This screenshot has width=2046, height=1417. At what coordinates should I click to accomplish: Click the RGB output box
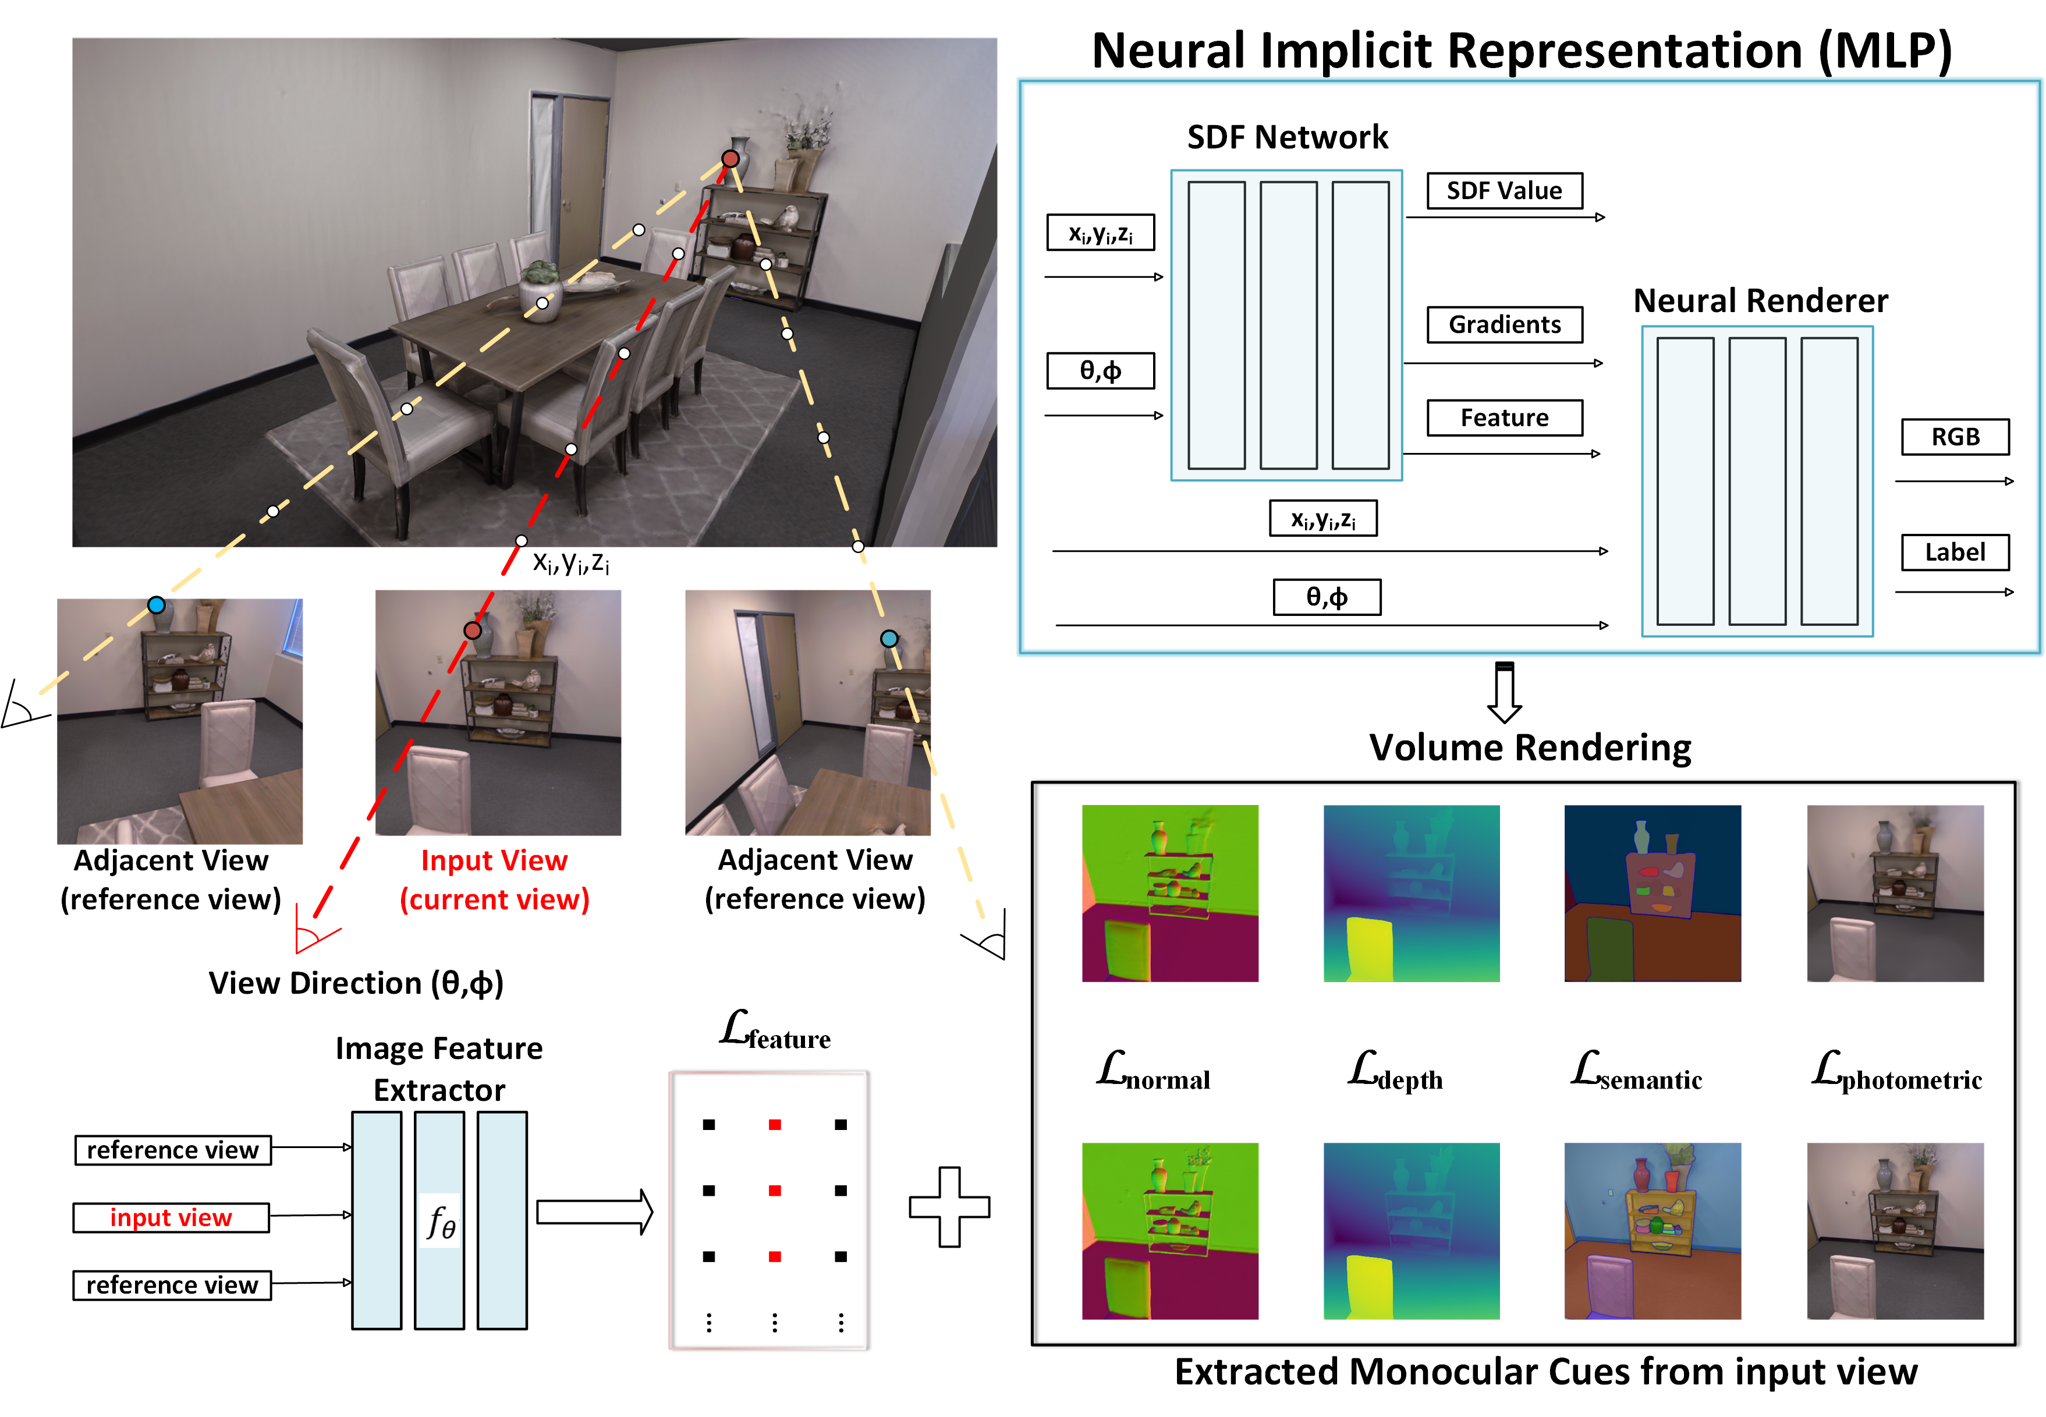click(1955, 437)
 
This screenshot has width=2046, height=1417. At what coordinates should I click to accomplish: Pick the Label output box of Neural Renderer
click(1955, 552)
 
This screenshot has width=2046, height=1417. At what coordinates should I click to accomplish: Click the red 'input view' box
click(171, 1217)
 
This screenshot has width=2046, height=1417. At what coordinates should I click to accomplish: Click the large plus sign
click(949, 1207)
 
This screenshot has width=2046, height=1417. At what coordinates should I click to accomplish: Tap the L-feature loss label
click(775, 1031)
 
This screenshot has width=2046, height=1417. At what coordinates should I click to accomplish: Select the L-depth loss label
click(1395, 1072)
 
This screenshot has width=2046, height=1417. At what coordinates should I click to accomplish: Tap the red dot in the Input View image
click(472, 630)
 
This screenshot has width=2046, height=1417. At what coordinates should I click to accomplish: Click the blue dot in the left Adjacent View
click(156, 605)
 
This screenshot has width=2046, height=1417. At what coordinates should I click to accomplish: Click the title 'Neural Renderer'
click(1760, 301)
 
